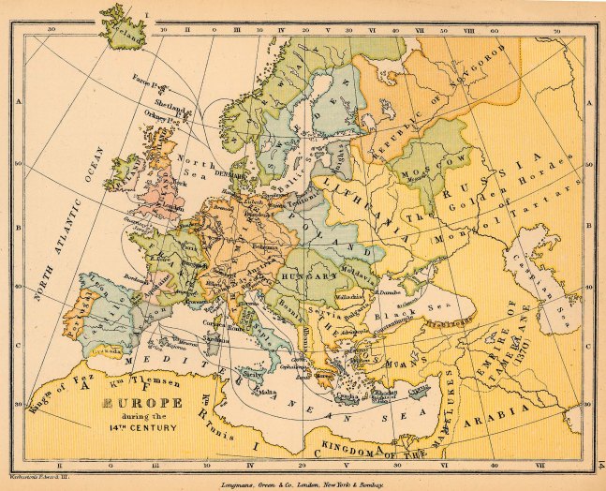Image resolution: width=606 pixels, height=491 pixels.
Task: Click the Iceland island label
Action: pyautogui.click(x=125, y=37)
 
